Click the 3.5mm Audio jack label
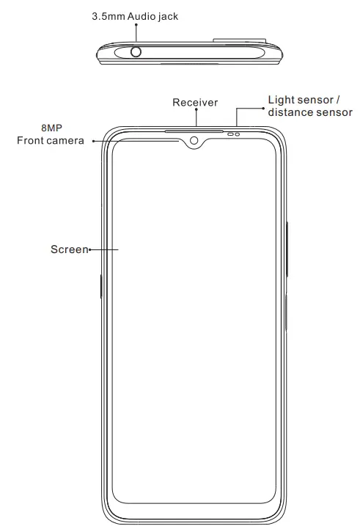tap(136, 15)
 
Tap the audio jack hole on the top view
tap(136, 51)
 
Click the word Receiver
tap(195, 103)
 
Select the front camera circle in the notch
tap(194, 140)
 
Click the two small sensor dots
tap(234, 134)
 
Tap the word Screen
tap(69, 249)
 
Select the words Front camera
tap(50, 140)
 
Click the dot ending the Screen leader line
tap(89, 250)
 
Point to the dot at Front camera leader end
tap(94, 141)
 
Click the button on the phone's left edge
tap(100, 286)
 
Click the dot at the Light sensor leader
tap(262, 107)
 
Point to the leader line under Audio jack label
tap(136, 33)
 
